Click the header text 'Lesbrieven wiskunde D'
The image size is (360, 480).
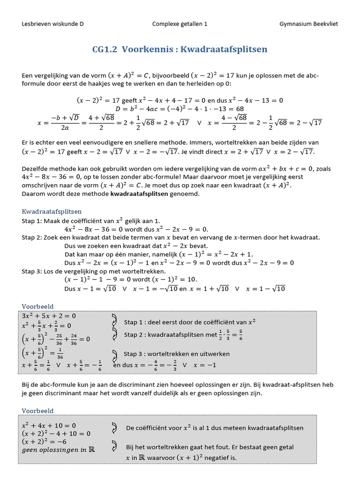[52, 24]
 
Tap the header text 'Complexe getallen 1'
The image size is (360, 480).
[180, 24]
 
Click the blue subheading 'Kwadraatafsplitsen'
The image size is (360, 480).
[52, 211]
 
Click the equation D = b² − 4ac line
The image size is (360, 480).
[180, 109]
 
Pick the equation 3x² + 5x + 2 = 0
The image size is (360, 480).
[49, 315]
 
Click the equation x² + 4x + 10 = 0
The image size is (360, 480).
[49, 425]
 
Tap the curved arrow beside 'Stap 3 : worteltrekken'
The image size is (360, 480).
[114, 354]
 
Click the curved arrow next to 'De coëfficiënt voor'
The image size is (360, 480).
[114, 427]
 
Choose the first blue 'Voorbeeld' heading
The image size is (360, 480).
[38, 306]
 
